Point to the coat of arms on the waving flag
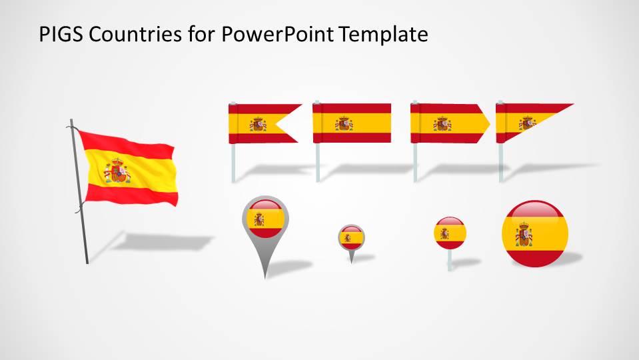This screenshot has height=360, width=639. tap(118, 171)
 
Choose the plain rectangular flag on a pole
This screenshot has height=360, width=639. tap(352, 123)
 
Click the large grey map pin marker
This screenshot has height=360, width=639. tap(265, 223)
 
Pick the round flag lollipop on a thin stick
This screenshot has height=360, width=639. tap(450, 234)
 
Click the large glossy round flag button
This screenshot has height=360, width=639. tap(534, 234)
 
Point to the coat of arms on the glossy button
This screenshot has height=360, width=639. tap(524, 235)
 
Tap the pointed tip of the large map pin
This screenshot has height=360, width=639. tap(265, 275)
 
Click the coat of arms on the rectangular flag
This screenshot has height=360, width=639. tap(344, 123)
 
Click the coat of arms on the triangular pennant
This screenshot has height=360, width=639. tap(528, 123)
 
